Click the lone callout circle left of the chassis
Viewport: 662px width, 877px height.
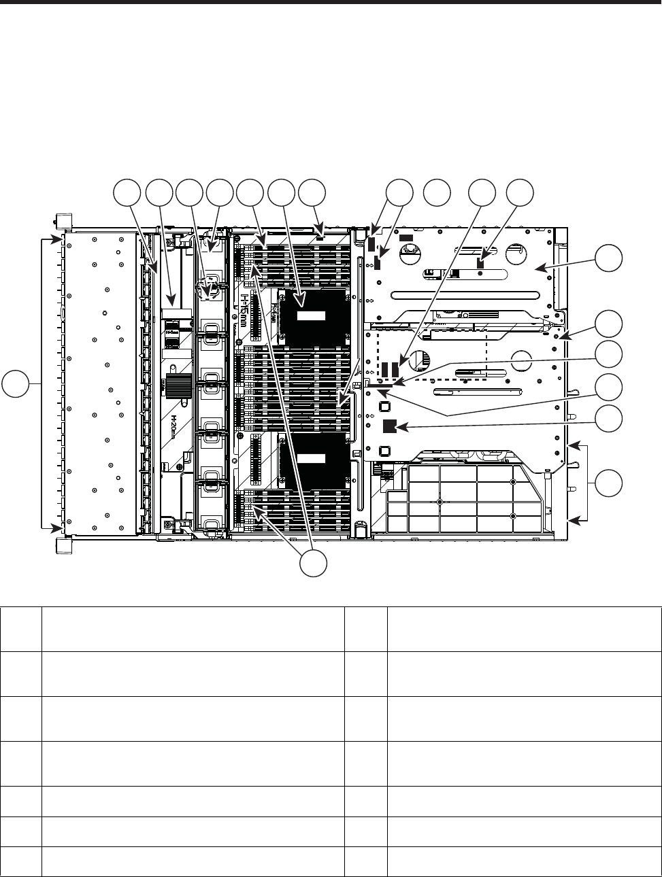point(14,385)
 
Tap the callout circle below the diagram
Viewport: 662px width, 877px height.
point(313,563)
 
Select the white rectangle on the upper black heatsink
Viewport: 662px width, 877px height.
point(311,316)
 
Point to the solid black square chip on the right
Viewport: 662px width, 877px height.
point(390,427)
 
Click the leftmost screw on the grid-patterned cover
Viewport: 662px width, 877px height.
point(440,502)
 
